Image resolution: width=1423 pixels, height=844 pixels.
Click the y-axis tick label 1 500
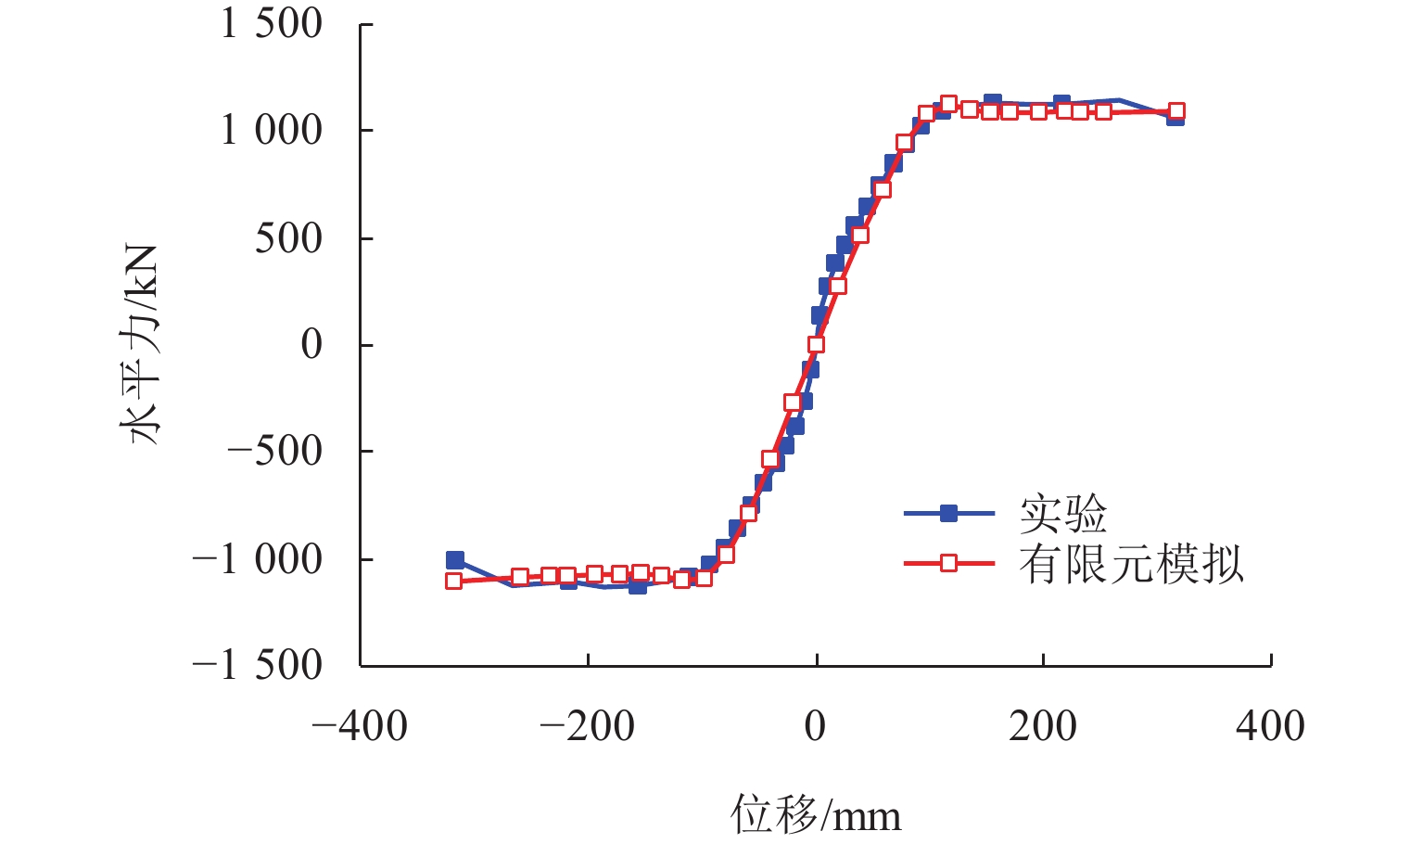[x=272, y=23]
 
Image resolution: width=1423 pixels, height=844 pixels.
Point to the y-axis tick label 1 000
[x=272, y=130]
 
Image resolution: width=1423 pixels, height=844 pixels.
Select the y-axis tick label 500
[x=288, y=237]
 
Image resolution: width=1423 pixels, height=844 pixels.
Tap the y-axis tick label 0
[x=311, y=344]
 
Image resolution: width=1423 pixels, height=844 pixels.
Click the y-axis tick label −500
[x=274, y=452]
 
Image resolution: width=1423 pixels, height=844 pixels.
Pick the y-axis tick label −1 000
[x=258, y=559]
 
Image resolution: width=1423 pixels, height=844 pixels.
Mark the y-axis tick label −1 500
[x=258, y=666]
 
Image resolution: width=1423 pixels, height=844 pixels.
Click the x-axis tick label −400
[x=360, y=726]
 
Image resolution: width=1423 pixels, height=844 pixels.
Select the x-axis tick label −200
[x=588, y=726]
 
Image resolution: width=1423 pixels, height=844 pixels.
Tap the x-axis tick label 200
[x=1043, y=726]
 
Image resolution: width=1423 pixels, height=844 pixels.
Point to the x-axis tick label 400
[x=1270, y=726]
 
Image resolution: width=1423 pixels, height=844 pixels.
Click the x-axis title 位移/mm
[x=816, y=813]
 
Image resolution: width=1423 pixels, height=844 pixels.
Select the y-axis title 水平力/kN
[x=140, y=345]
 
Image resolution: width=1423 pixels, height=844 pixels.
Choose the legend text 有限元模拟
[x=1131, y=563]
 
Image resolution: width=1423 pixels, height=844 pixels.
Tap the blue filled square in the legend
[x=948, y=513]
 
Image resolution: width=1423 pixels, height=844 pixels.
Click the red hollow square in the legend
[x=948, y=563]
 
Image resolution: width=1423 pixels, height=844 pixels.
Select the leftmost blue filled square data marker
[x=454, y=560]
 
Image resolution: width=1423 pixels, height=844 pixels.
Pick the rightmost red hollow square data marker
[x=1176, y=111]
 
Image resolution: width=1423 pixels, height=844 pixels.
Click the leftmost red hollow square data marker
[x=453, y=582]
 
